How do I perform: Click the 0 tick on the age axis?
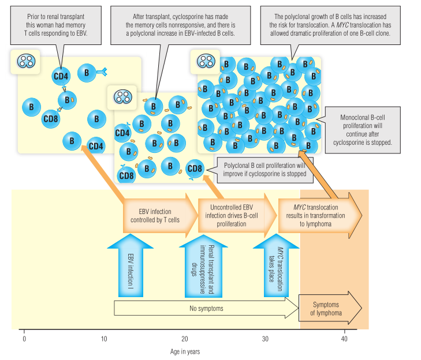(24, 331)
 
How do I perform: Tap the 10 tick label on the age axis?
(104, 339)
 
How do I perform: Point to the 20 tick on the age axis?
(185, 331)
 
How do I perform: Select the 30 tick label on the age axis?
(265, 339)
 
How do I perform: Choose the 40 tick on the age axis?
(345, 331)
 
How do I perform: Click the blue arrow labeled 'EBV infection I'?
(131, 265)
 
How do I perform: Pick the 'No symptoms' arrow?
(206, 309)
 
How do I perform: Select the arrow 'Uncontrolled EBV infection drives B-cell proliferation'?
(234, 215)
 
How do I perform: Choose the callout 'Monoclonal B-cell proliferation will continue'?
(363, 130)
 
